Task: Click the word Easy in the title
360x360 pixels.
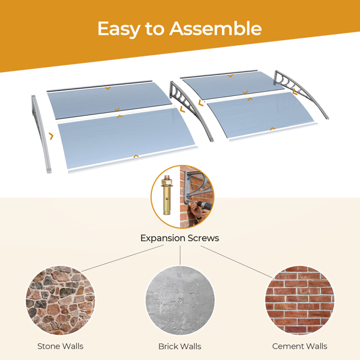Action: (x=119, y=29)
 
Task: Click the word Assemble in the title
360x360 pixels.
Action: (x=215, y=28)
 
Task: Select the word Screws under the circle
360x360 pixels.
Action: (x=203, y=238)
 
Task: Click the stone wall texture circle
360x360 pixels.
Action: (x=60, y=301)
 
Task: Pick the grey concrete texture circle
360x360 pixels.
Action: (x=180, y=301)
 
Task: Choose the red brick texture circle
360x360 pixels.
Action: (x=299, y=301)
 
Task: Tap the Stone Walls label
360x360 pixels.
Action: (x=61, y=346)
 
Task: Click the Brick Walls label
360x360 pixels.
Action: (x=180, y=346)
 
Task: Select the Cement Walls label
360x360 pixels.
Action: (x=299, y=346)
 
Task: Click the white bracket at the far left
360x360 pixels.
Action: (x=41, y=134)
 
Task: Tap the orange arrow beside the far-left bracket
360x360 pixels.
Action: (x=51, y=136)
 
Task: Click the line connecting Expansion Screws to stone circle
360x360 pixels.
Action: (x=122, y=258)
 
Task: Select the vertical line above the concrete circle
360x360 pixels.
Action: (x=180, y=256)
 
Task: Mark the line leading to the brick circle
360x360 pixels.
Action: (x=236, y=262)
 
